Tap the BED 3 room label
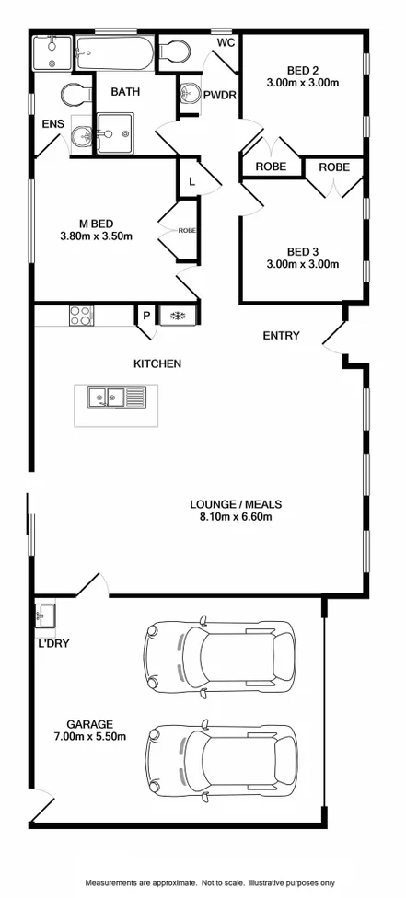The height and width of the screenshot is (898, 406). (x=299, y=250)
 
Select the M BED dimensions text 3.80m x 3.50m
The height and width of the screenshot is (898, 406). (x=96, y=236)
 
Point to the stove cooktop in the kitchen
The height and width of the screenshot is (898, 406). (x=81, y=316)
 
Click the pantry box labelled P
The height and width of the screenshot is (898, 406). (x=145, y=316)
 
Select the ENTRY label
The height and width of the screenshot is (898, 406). (x=281, y=336)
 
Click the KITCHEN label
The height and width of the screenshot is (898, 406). (x=157, y=363)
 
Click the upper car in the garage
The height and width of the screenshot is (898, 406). (x=218, y=654)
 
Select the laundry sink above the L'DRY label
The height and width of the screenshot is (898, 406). (x=45, y=612)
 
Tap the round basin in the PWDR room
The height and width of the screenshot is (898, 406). (x=189, y=93)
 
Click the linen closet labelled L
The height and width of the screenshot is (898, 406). (x=191, y=181)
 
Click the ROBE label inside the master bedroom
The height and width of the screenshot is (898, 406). (x=186, y=231)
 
